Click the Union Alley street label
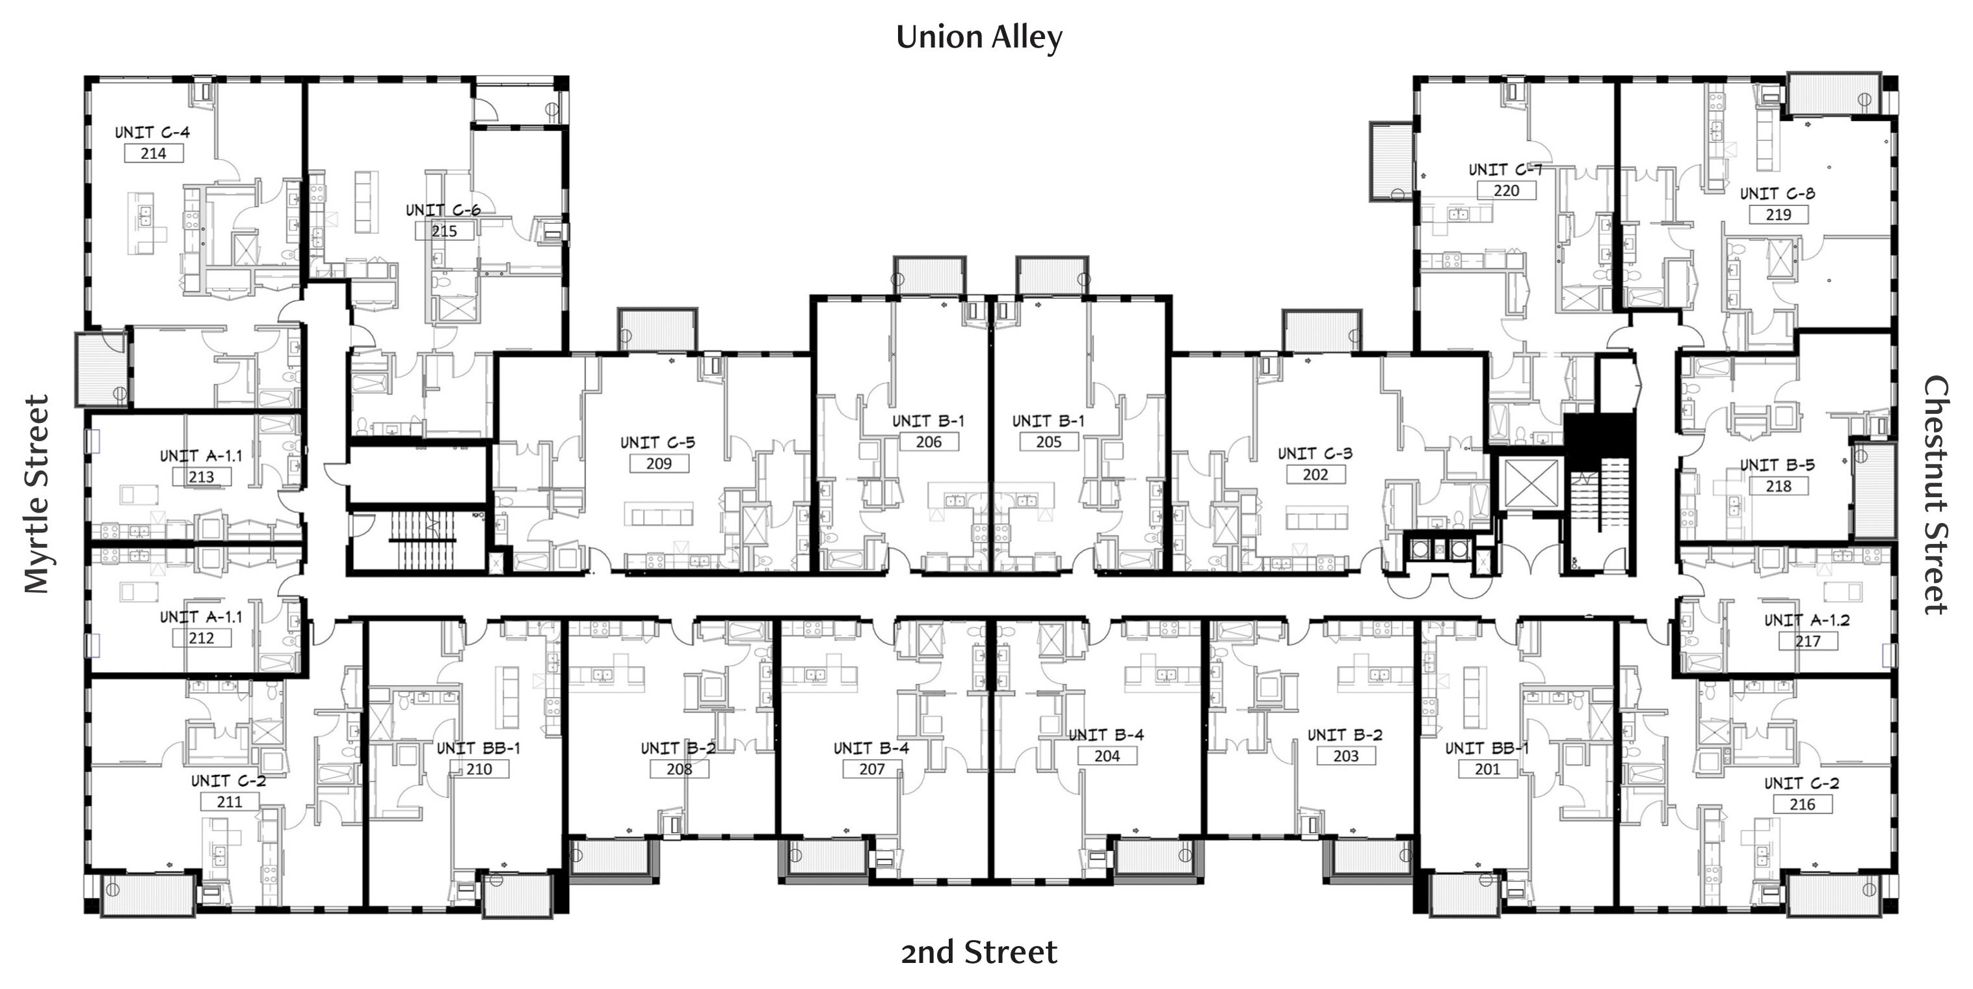tap(979, 38)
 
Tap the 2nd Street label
tap(979, 952)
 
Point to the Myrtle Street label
tap(36, 494)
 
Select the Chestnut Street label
tap(1936, 494)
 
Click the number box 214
tap(153, 153)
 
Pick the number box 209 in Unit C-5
tap(659, 463)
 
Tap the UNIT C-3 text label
tap(1315, 454)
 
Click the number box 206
tap(928, 442)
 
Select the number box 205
tap(1048, 442)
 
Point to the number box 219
tap(1779, 215)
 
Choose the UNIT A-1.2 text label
tap(1807, 621)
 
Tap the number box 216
tap(1802, 804)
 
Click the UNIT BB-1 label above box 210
tap(479, 748)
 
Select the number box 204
tap(1107, 756)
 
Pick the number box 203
tap(1345, 756)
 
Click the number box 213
tap(202, 476)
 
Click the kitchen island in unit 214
tap(146, 222)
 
